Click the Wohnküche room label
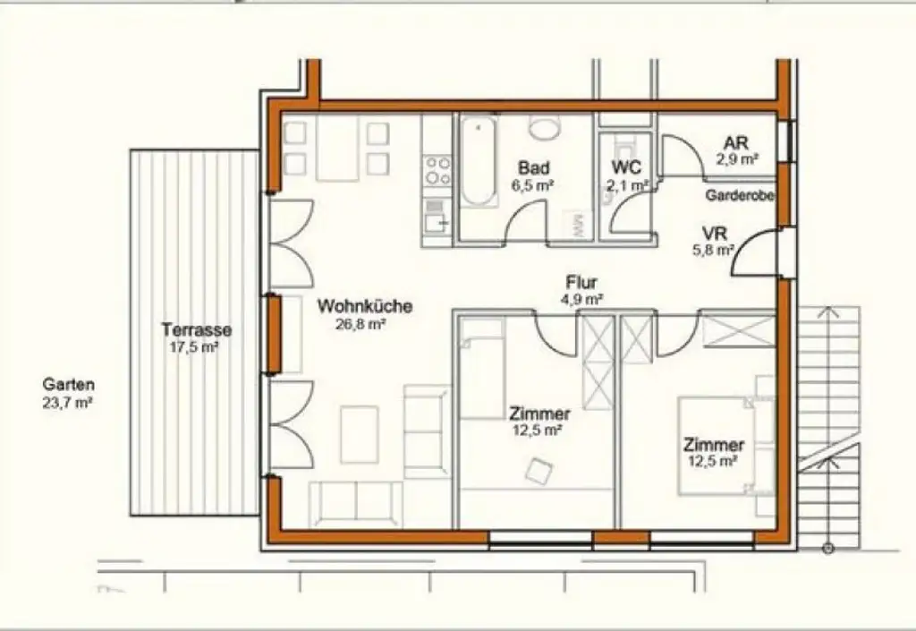coord(365,306)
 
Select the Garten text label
coord(68,385)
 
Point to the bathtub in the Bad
coord(479,163)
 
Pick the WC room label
coord(626,167)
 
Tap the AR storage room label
coord(736,142)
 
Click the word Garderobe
coord(740,195)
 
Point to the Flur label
coord(581,284)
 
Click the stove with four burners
coord(437,169)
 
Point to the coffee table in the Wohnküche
coord(360,433)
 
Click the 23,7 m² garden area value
coord(69,403)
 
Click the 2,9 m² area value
coord(737,159)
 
